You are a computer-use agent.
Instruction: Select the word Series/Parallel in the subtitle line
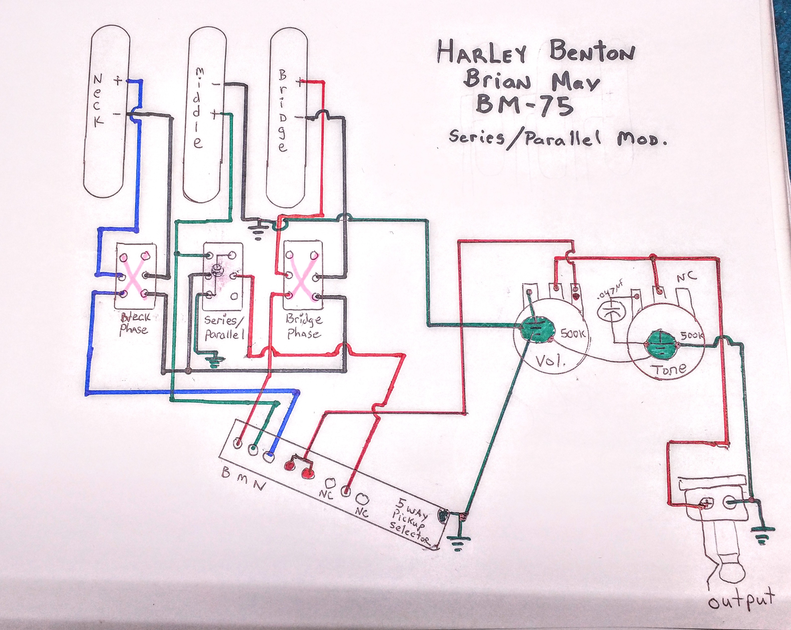point(525,140)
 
